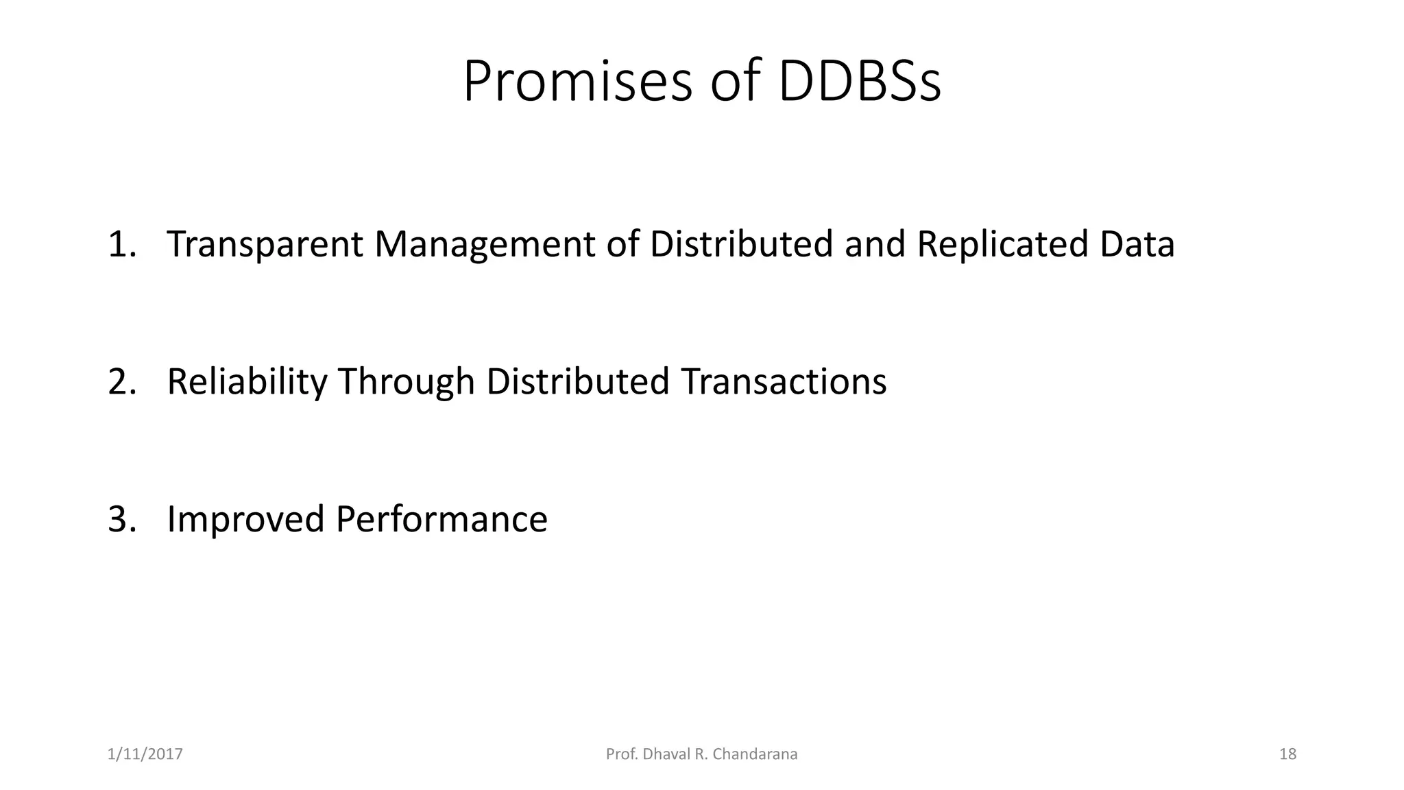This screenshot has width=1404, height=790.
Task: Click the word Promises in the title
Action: (577, 82)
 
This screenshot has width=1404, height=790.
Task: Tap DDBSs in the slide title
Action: (860, 82)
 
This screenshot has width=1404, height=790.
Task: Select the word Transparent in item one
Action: (265, 244)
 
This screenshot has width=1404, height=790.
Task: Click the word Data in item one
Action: (1137, 244)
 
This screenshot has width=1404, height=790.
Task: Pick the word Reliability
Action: (247, 382)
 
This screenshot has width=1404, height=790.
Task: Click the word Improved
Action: (245, 519)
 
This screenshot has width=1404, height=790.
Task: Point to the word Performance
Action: (441, 519)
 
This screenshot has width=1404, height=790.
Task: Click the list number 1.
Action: (121, 245)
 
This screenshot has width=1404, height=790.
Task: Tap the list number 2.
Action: (121, 382)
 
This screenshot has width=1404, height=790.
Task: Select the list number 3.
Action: (121, 519)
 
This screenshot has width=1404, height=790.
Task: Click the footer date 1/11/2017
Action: (145, 754)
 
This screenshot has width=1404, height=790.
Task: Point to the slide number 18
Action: (1287, 754)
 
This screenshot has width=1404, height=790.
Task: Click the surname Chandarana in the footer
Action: (755, 754)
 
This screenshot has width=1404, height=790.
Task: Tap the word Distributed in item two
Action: (578, 382)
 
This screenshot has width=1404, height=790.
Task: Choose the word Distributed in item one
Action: (741, 244)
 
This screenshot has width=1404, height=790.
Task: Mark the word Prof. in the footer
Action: (620, 754)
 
